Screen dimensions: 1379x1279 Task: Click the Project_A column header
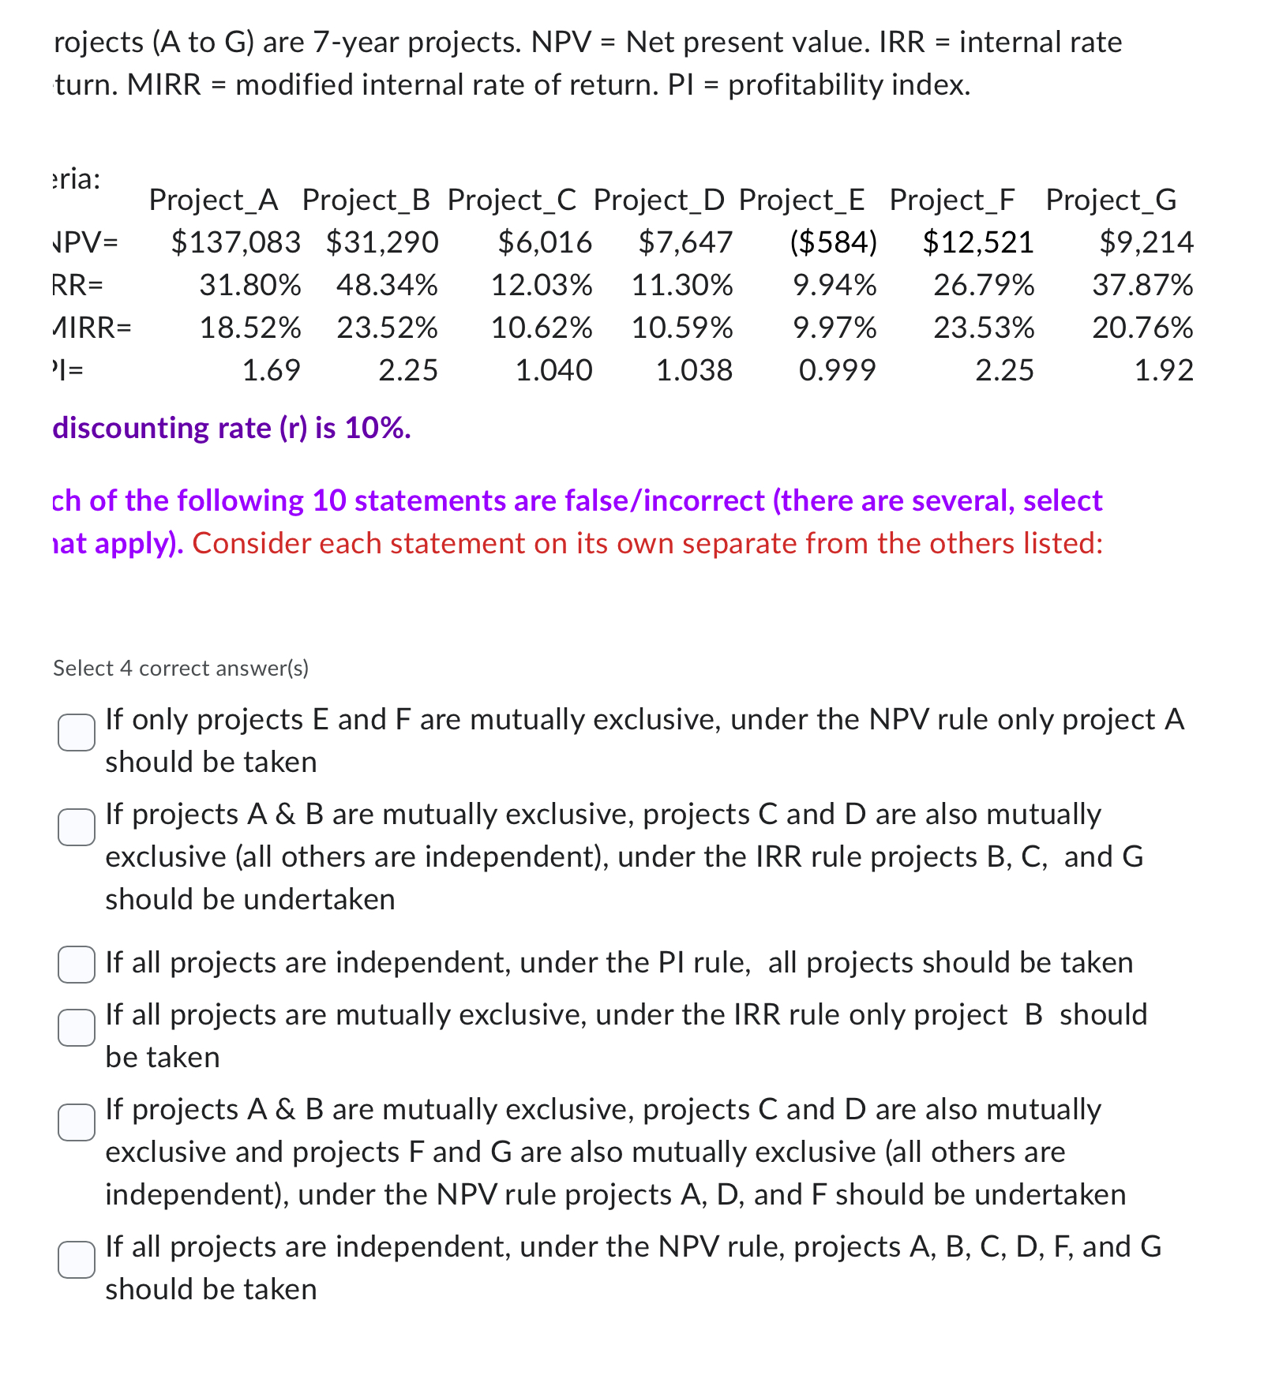click(x=213, y=200)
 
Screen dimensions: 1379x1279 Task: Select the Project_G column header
click(x=1111, y=200)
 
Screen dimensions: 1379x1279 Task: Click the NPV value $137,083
click(x=235, y=242)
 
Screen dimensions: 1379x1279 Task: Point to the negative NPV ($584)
click(x=833, y=242)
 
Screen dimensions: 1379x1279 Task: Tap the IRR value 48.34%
click(x=387, y=285)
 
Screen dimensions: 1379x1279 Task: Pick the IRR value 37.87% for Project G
click(x=1142, y=285)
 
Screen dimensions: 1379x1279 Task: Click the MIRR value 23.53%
click(x=984, y=328)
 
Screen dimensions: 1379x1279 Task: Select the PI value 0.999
click(x=837, y=370)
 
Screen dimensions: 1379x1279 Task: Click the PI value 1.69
click(x=271, y=370)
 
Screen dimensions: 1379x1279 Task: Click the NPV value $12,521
click(x=978, y=242)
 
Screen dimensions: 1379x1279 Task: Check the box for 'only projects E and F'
click(x=77, y=733)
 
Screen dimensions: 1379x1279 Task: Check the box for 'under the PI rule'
click(x=77, y=965)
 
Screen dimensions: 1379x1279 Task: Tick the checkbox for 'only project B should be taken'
click(x=77, y=1028)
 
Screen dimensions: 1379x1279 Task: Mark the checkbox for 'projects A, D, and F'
click(x=77, y=1122)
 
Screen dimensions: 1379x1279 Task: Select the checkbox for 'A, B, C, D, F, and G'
click(x=77, y=1260)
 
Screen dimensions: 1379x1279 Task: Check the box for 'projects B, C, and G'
click(x=77, y=827)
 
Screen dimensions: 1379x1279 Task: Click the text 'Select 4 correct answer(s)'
click(x=181, y=669)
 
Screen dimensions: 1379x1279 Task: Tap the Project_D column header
click(x=658, y=200)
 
